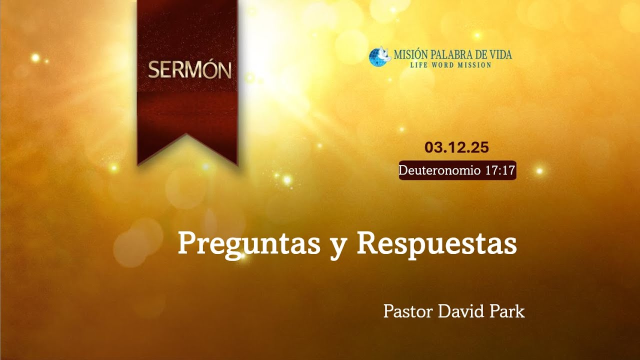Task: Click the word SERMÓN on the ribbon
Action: pyautogui.click(x=189, y=70)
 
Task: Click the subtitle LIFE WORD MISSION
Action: pyautogui.click(x=450, y=65)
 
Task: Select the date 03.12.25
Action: pyautogui.click(x=456, y=147)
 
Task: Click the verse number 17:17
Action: pyautogui.click(x=500, y=170)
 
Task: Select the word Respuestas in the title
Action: pyautogui.click(x=436, y=244)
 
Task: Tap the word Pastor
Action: pyautogui.click(x=408, y=311)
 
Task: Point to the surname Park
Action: pyautogui.click(x=507, y=311)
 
